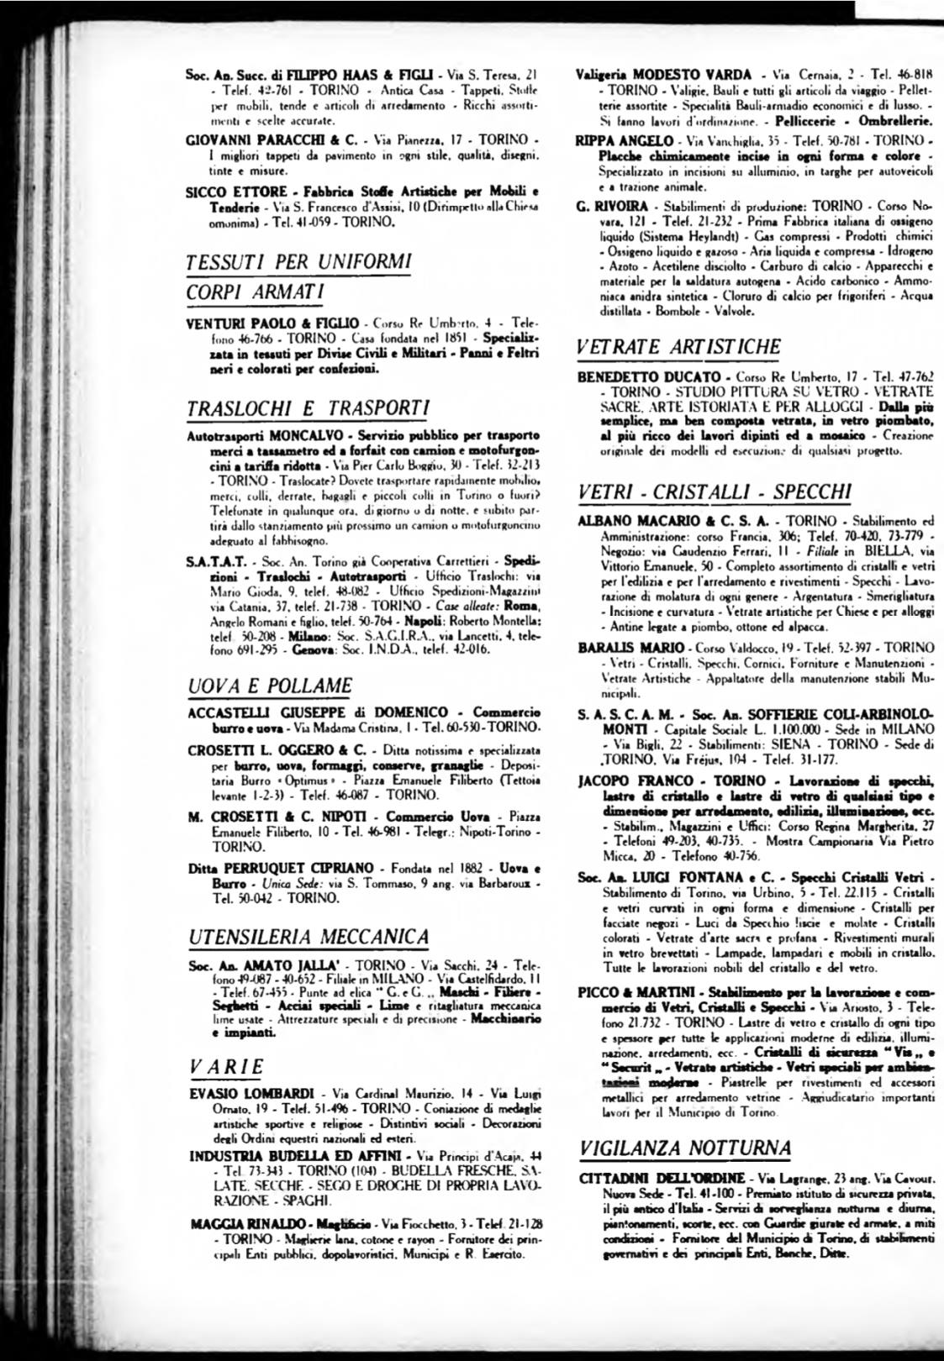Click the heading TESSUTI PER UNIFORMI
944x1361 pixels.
click(298, 261)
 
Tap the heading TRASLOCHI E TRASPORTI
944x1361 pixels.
click(309, 408)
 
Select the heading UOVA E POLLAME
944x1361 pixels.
click(270, 686)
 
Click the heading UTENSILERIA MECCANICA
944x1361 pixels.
click(309, 936)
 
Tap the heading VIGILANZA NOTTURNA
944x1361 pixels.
click(685, 1147)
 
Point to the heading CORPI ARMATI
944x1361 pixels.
click(255, 292)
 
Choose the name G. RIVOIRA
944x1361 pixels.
click(612, 206)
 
